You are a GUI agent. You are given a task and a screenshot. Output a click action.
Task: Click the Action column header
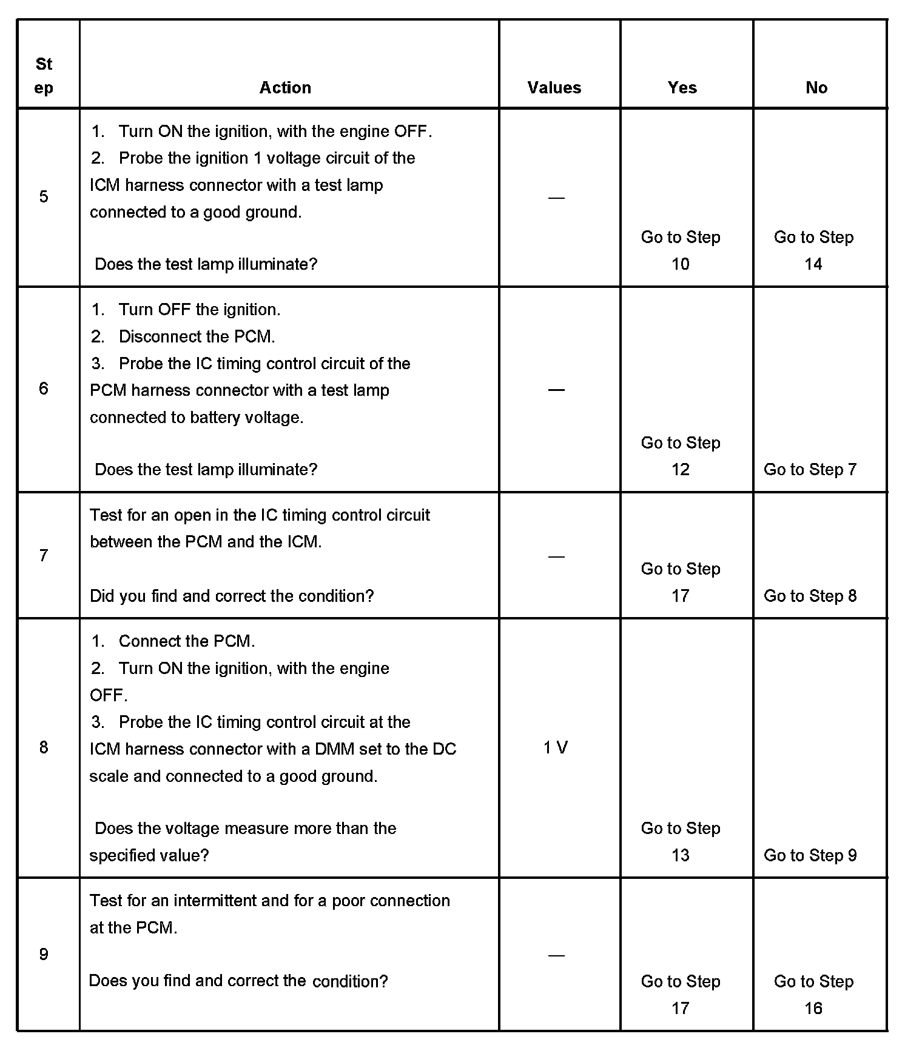pos(285,88)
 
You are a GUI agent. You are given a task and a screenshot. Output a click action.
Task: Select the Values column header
pos(554,88)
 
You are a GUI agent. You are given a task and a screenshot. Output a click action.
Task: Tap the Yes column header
pos(682,88)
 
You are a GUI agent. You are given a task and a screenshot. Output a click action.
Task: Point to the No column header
pos(816,88)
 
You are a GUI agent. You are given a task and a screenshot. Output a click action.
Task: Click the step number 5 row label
pos(44,196)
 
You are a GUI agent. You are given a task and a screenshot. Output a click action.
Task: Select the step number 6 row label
pos(44,389)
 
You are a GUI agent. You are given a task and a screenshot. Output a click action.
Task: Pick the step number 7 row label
pos(44,555)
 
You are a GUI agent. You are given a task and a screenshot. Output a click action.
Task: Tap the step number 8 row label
pos(44,747)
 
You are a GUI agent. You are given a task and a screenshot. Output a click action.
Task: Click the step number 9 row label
pos(44,955)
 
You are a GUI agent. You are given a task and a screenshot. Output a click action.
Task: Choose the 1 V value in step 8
pos(555,748)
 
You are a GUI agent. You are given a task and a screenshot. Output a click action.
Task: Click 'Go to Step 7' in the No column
pos(810,469)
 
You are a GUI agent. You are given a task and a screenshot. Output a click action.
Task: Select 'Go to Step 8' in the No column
pos(810,596)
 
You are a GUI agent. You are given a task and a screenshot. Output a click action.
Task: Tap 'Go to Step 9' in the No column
pos(810,855)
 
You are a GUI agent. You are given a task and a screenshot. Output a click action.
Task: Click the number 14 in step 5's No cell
pos(813,264)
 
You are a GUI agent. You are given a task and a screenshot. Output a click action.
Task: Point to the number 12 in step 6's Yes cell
pos(680,469)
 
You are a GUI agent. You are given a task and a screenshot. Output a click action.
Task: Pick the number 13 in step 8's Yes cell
pos(680,855)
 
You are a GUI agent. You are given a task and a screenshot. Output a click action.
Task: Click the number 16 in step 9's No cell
pos(813,1008)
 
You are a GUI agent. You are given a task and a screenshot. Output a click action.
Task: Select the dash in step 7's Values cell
pos(556,556)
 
